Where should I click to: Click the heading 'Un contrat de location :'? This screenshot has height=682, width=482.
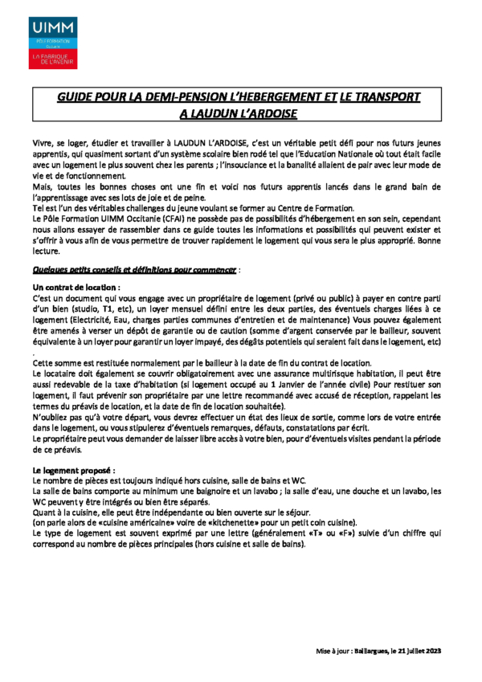coord(76,286)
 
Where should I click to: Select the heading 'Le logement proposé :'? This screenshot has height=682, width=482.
coord(73,468)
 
